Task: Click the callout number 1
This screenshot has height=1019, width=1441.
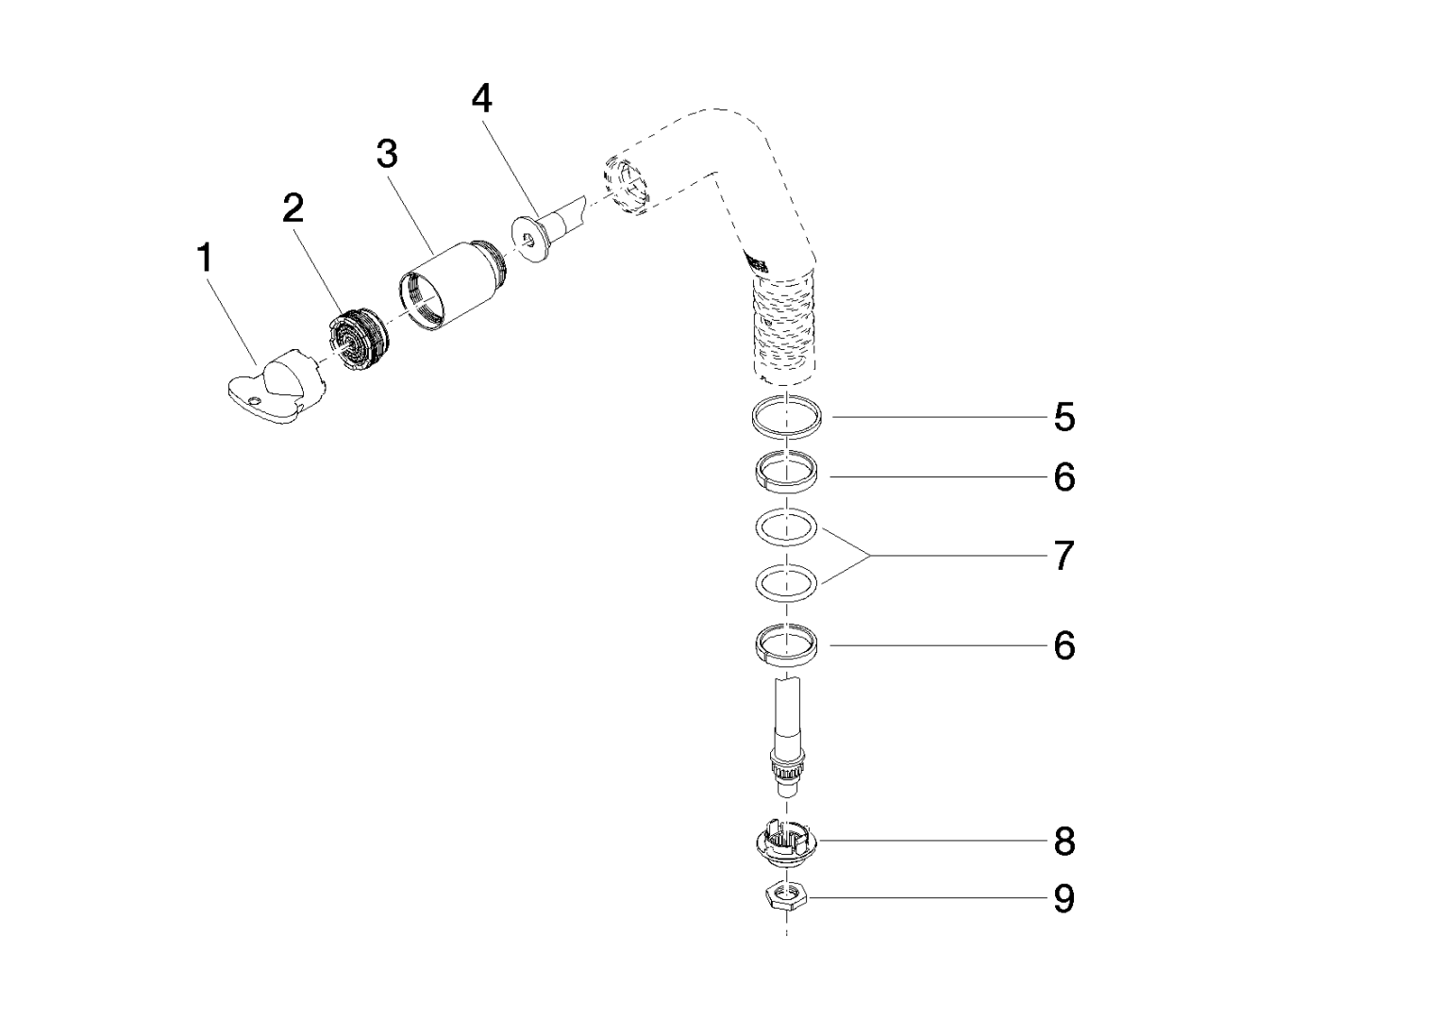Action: coord(205,258)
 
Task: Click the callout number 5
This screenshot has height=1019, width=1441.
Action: coord(1064,417)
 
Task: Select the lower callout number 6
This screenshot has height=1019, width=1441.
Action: coord(1064,645)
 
